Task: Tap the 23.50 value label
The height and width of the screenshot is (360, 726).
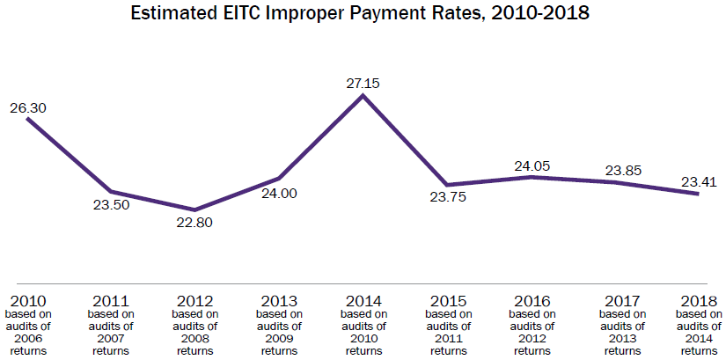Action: (x=111, y=205)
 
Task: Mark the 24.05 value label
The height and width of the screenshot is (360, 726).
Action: (x=532, y=165)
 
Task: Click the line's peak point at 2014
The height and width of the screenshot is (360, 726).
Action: (x=363, y=95)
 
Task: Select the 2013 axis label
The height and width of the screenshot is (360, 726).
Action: (x=278, y=299)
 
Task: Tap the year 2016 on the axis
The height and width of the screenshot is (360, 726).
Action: (x=532, y=299)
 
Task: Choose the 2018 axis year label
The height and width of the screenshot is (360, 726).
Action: (x=699, y=299)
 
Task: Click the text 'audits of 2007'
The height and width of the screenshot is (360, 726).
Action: (x=111, y=332)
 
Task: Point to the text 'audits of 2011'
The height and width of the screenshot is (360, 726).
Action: (x=447, y=332)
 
